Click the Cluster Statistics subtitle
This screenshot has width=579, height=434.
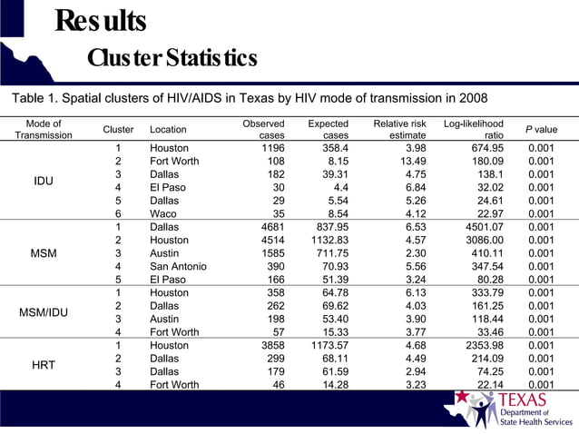point(172,58)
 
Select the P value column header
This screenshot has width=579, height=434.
point(542,130)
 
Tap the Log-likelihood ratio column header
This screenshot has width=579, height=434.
point(474,129)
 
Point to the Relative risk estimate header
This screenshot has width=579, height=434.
point(400,129)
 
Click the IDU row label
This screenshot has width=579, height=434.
point(44,181)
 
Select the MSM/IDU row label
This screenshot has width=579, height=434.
point(44,313)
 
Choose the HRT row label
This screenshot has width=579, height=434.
point(44,365)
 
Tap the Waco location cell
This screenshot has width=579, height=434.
point(164,213)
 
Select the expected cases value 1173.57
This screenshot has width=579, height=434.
point(330,346)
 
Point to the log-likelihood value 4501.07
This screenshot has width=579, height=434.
point(480,227)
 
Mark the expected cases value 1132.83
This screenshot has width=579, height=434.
point(330,240)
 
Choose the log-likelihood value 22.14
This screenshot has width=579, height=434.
point(487,385)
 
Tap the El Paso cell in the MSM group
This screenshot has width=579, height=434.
point(169,280)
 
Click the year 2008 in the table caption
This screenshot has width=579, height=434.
point(471,98)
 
